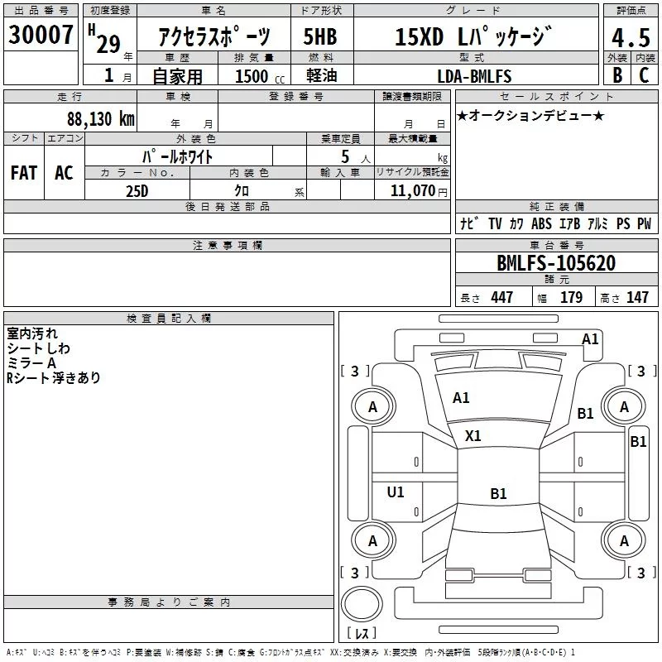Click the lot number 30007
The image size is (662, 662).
(x=41, y=35)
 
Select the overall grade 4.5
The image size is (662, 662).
(x=631, y=38)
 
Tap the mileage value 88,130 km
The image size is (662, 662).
(x=100, y=118)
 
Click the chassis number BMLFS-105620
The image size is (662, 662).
(x=556, y=263)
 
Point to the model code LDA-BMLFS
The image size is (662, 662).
(x=474, y=76)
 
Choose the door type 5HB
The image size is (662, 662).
(x=320, y=36)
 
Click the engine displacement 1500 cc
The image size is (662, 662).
(x=260, y=76)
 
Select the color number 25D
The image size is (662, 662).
(x=137, y=191)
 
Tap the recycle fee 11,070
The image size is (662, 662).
(x=412, y=191)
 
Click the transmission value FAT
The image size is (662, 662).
(x=24, y=173)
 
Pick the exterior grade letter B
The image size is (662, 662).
(x=617, y=75)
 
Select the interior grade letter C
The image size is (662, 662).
(x=644, y=75)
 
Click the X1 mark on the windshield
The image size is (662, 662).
(x=473, y=436)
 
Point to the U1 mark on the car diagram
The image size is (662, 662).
(x=396, y=492)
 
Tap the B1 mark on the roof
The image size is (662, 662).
(x=498, y=493)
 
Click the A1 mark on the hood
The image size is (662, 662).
(x=461, y=398)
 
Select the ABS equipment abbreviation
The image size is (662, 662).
(x=541, y=223)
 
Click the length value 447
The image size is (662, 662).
(x=501, y=297)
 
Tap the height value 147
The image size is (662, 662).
(x=637, y=297)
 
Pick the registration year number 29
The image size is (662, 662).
(x=108, y=44)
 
